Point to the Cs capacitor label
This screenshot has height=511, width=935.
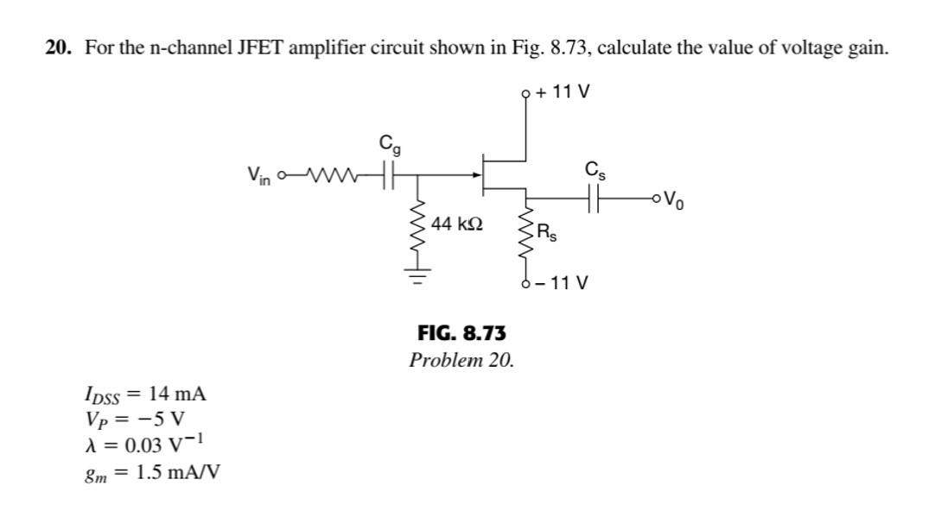[x=595, y=169]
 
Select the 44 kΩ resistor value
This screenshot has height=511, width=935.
[x=456, y=224]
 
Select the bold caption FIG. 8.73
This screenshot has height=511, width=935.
[x=461, y=332]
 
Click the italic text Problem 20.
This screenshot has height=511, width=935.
[x=461, y=359]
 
